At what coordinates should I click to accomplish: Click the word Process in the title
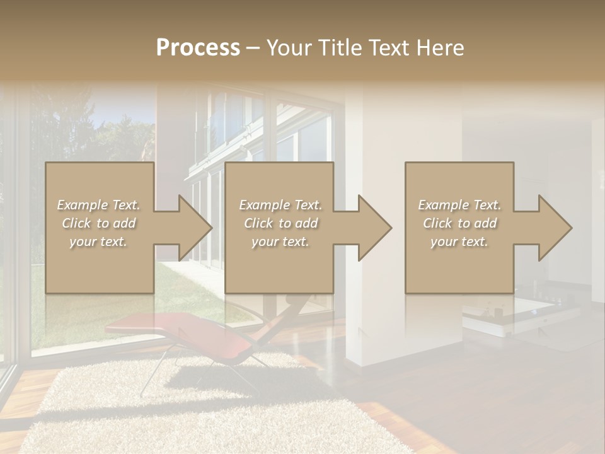point(198,48)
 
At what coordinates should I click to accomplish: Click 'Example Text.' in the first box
point(98,205)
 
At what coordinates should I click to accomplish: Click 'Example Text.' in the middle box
point(280,205)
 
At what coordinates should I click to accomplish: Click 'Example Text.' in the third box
point(459,205)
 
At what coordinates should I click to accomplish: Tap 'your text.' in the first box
point(98,242)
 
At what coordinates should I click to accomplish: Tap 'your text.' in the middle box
point(280,242)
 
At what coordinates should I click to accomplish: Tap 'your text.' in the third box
point(459,242)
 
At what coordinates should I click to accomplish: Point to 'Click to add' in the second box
point(280,223)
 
